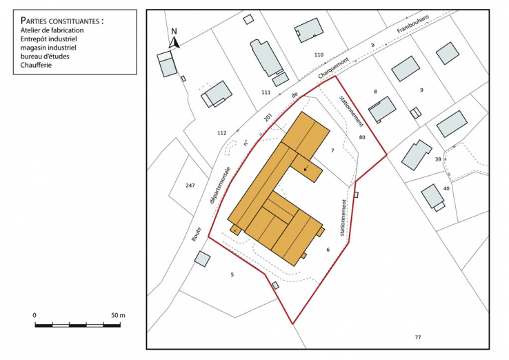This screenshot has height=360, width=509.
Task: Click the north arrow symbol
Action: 174,41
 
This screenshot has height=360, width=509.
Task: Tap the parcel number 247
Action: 190,186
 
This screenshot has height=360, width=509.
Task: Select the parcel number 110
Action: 318,54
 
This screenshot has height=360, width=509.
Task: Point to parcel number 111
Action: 266,92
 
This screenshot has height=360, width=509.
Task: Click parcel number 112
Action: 221,132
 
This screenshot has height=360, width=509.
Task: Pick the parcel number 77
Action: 417,336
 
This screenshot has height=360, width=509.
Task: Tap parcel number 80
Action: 362,137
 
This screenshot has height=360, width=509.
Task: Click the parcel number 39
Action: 438,159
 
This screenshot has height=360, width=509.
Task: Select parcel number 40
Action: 446,188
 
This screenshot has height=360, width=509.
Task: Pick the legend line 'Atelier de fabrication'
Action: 52,30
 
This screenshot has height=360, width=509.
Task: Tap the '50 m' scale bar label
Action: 118,315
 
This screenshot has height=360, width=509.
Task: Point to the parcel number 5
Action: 232,274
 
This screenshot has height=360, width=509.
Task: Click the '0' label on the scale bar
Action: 34,315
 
